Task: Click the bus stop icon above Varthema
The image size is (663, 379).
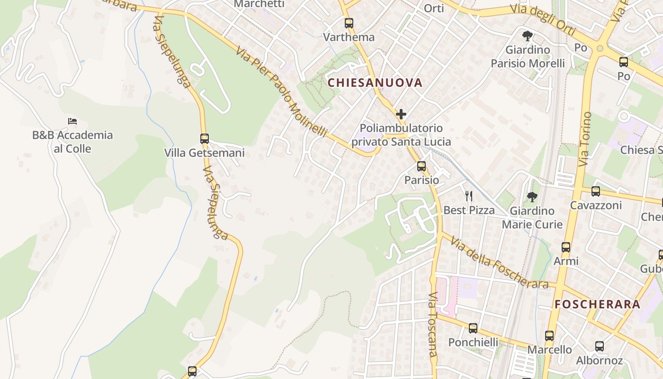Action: [349, 23]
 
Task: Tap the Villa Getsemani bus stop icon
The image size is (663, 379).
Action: [205, 139]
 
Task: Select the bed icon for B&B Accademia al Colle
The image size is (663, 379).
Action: [72, 121]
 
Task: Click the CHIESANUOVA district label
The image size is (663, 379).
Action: [375, 82]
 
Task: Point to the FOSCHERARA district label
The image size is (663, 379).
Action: [597, 304]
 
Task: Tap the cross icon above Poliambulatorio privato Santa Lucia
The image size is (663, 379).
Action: [401, 114]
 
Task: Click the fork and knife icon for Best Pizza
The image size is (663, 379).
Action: [469, 196]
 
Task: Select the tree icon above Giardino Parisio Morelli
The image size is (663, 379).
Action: [527, 36]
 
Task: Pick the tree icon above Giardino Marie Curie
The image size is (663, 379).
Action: [532, 197]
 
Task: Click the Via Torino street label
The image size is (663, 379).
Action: [585, 139]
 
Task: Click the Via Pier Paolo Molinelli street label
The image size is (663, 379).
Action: [282, 92]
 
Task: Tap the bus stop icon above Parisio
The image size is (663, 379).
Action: [421, 166]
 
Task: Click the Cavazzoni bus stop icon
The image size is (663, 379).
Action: [596, 191]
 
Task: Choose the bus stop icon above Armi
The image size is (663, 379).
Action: [566, 247]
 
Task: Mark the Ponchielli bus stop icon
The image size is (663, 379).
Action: [473, 328]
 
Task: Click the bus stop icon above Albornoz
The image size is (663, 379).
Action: [600, 346]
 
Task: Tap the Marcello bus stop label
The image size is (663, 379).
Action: [550, 350]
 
